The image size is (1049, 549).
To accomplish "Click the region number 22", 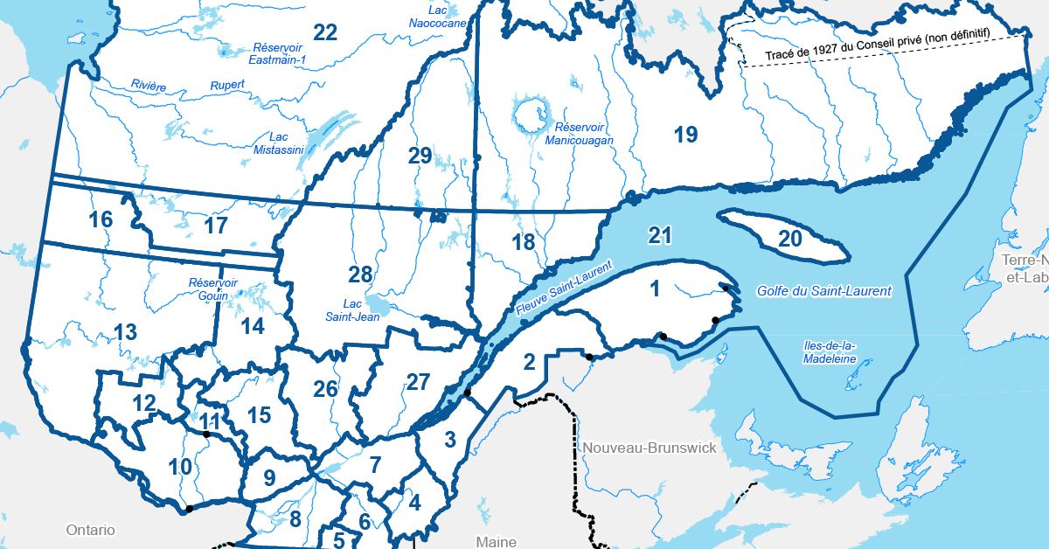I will pyautogui.click(x=325, y=33).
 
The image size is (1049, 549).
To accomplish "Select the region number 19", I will pyautogui.click(x=685, y=135).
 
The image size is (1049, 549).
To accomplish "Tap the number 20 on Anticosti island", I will pyautogui.click(x=789, y=239).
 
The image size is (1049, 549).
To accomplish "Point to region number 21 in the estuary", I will pyautogui.click(x=660, y=234).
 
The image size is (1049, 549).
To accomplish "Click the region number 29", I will pyautogui.click(x=420, y=156).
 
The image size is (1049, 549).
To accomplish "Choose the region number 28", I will pyautogui.click(x=360, y=274).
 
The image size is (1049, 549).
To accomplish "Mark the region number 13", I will pyautogui.click(x=125, y=332).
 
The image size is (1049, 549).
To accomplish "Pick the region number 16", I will pyautogui.click(x=101, y=219).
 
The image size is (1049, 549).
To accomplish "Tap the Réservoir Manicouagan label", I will pyautogui.click(x=578, y=133).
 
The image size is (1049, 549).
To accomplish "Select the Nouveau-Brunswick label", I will pyautogui.click(x=650, y=448).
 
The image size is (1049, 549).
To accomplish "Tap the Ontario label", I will pyautogui.click(x=91, y=530).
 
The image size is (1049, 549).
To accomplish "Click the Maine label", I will pyautogui.click(x=497, y=541).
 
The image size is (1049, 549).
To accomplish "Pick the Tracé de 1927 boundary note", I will pyautogui.click(x=882, y=51).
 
